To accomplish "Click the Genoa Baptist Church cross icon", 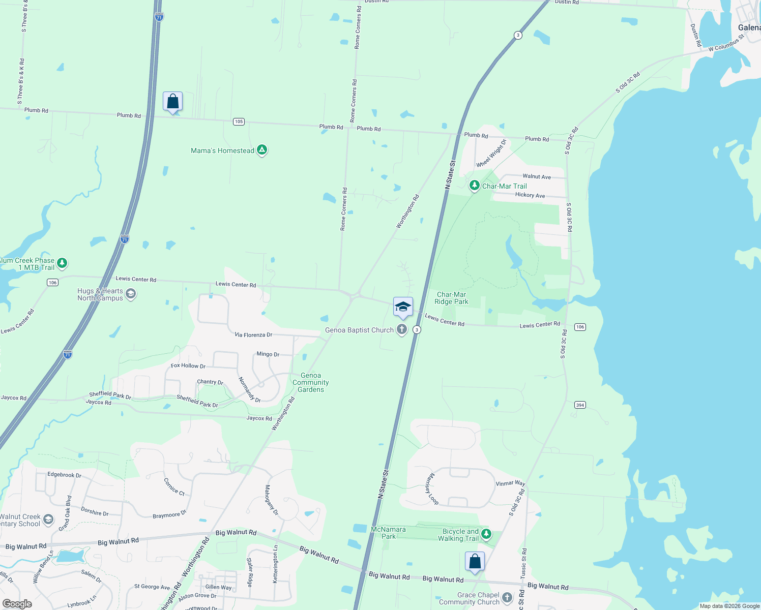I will [402, 330].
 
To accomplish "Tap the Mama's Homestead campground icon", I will [262, 150].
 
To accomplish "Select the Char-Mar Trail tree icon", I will [474, 186].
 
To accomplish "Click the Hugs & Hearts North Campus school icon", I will [131, 294].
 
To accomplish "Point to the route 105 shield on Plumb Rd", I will [239, 121].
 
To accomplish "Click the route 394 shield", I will [580, 405].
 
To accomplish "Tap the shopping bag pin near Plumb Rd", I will [173, 102].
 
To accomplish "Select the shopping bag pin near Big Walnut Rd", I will [475, 562].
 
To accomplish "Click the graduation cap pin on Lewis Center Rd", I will [403, 307].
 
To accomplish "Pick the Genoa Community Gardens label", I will [311, 383].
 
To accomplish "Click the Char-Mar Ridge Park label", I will [451, 298].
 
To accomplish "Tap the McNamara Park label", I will [388, 533].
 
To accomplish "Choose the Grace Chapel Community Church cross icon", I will [507, 598].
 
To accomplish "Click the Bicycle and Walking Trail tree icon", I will [486, 534].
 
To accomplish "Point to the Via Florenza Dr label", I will [253, 335].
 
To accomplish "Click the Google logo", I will [17, 604].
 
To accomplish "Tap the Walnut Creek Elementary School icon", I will [48, 520].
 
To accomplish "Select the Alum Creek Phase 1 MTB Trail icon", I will [62, 263].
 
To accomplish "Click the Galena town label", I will [749, 27].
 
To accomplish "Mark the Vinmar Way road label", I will [510, 483].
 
